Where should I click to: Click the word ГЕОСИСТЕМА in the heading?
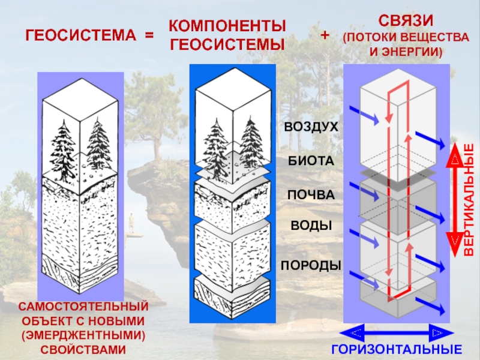[80, 35]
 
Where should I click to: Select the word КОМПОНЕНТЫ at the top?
[226, 26]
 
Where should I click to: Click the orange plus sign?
[325, 35]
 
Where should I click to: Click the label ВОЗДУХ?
[311, 127]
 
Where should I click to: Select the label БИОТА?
[308, 161]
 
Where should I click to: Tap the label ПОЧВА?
[310, 195]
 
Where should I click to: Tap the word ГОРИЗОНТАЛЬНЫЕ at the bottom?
[397, 350]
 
